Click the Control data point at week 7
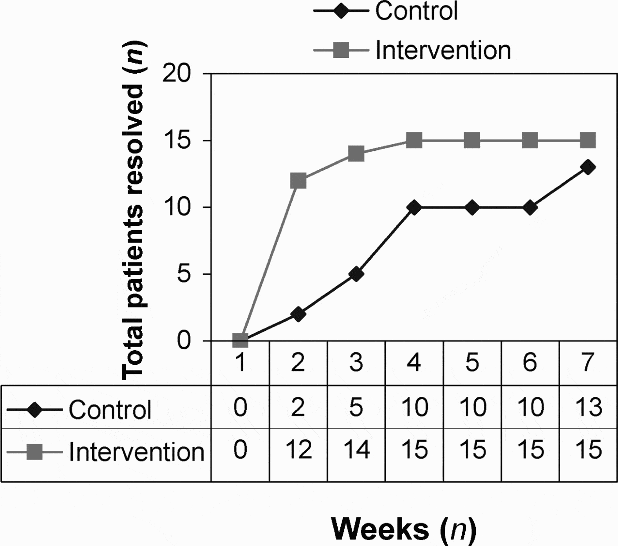click(588, 167)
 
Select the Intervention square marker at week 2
click(298, 181)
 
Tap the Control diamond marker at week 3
click(356, 274)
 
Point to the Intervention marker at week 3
click(356, 154)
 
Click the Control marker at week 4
click(414, 207)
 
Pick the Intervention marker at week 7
click(588, 141)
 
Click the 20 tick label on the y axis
click(177, 74)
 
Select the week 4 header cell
click(414, 363)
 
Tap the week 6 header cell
click(530, 363)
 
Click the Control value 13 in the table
click(588, 407)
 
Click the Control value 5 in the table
click(356, 407)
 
